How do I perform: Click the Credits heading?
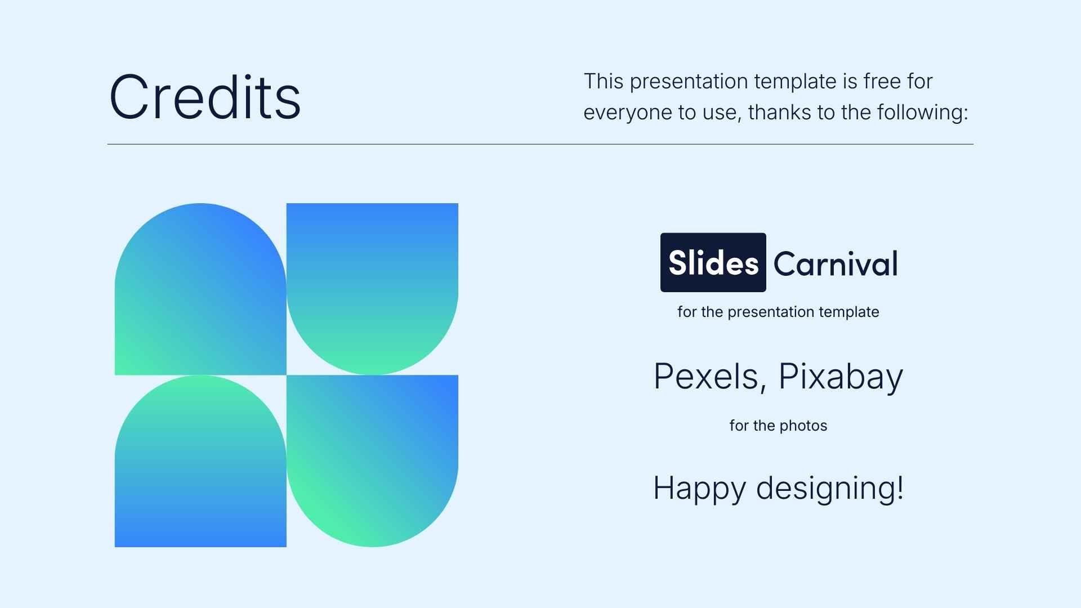(x=205, y=97)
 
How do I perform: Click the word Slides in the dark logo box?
(x=713, y=263)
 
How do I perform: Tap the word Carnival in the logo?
(x=835, y=263)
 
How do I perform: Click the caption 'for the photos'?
(x=778, y=426)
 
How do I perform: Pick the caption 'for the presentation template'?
(x=778, y=312)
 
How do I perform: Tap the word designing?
(x=829, y=488)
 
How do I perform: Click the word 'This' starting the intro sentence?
(x=604, y=82)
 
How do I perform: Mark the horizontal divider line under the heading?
(x=540, y=144)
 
